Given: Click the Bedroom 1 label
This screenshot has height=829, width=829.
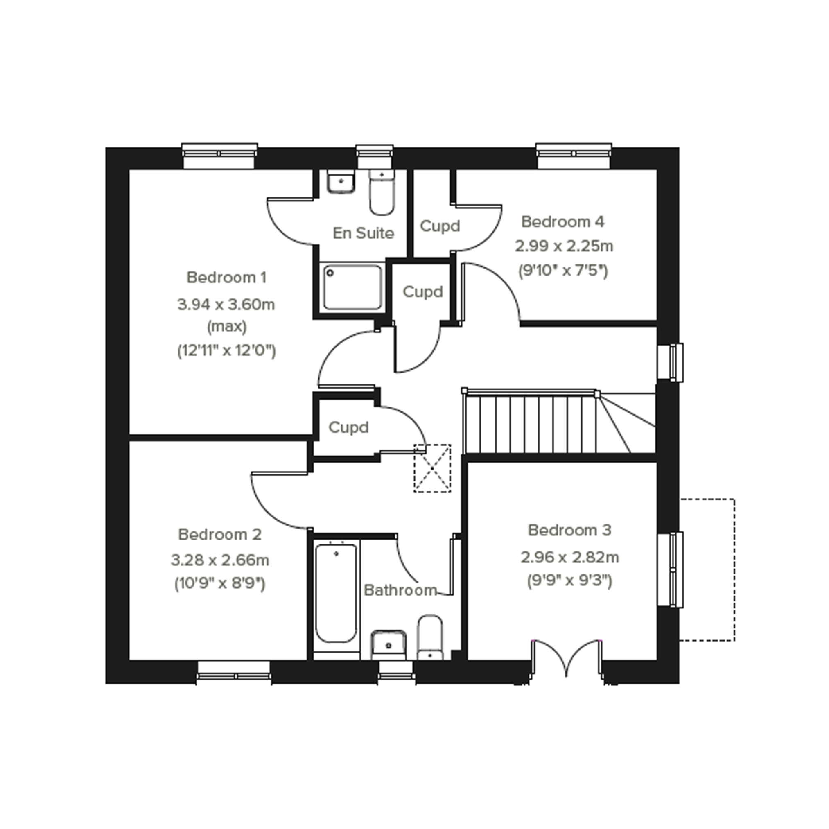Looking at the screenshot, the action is pyautogui.click(x=226, y=278).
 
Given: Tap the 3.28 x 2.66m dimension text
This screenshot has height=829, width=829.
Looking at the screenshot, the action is pyautogui.click(x=220, y=560).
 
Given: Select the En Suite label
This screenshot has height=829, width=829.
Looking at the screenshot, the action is pyautogui.click(x=364, y=233).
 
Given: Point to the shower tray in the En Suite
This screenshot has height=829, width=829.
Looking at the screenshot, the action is pyautogui.click(x=353, y=287).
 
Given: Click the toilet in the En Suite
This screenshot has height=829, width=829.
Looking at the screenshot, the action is pyautogui.click(x=382, y=192).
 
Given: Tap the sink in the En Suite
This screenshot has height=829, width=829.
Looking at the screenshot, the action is pyautogui.click(x=341, y=182).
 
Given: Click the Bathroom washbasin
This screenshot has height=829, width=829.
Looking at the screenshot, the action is pyautogui.click(x=389, y=644).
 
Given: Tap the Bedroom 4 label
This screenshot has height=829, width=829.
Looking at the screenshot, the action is pyautogui.click(x=563, y=222).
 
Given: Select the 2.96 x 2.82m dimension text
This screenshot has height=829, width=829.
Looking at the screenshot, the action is pyautogui.click(x=570, y=558).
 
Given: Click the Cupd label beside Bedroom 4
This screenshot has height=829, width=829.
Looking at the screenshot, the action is pyautogui.click(x=440, y=226).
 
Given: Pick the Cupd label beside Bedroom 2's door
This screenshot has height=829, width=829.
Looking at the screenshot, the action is pyautogui.click(x=348, y=427).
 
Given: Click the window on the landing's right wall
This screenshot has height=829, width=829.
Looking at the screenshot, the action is pyautogui.click(x=670, y=362).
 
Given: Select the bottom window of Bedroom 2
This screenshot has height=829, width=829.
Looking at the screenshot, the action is pyautogui.click(x=234, y=672).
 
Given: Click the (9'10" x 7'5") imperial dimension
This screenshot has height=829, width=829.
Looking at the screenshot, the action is pyautogui.click(x=563, y=271).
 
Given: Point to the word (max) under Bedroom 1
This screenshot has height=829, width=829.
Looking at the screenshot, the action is pyautogui.click(x=227, y=327).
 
